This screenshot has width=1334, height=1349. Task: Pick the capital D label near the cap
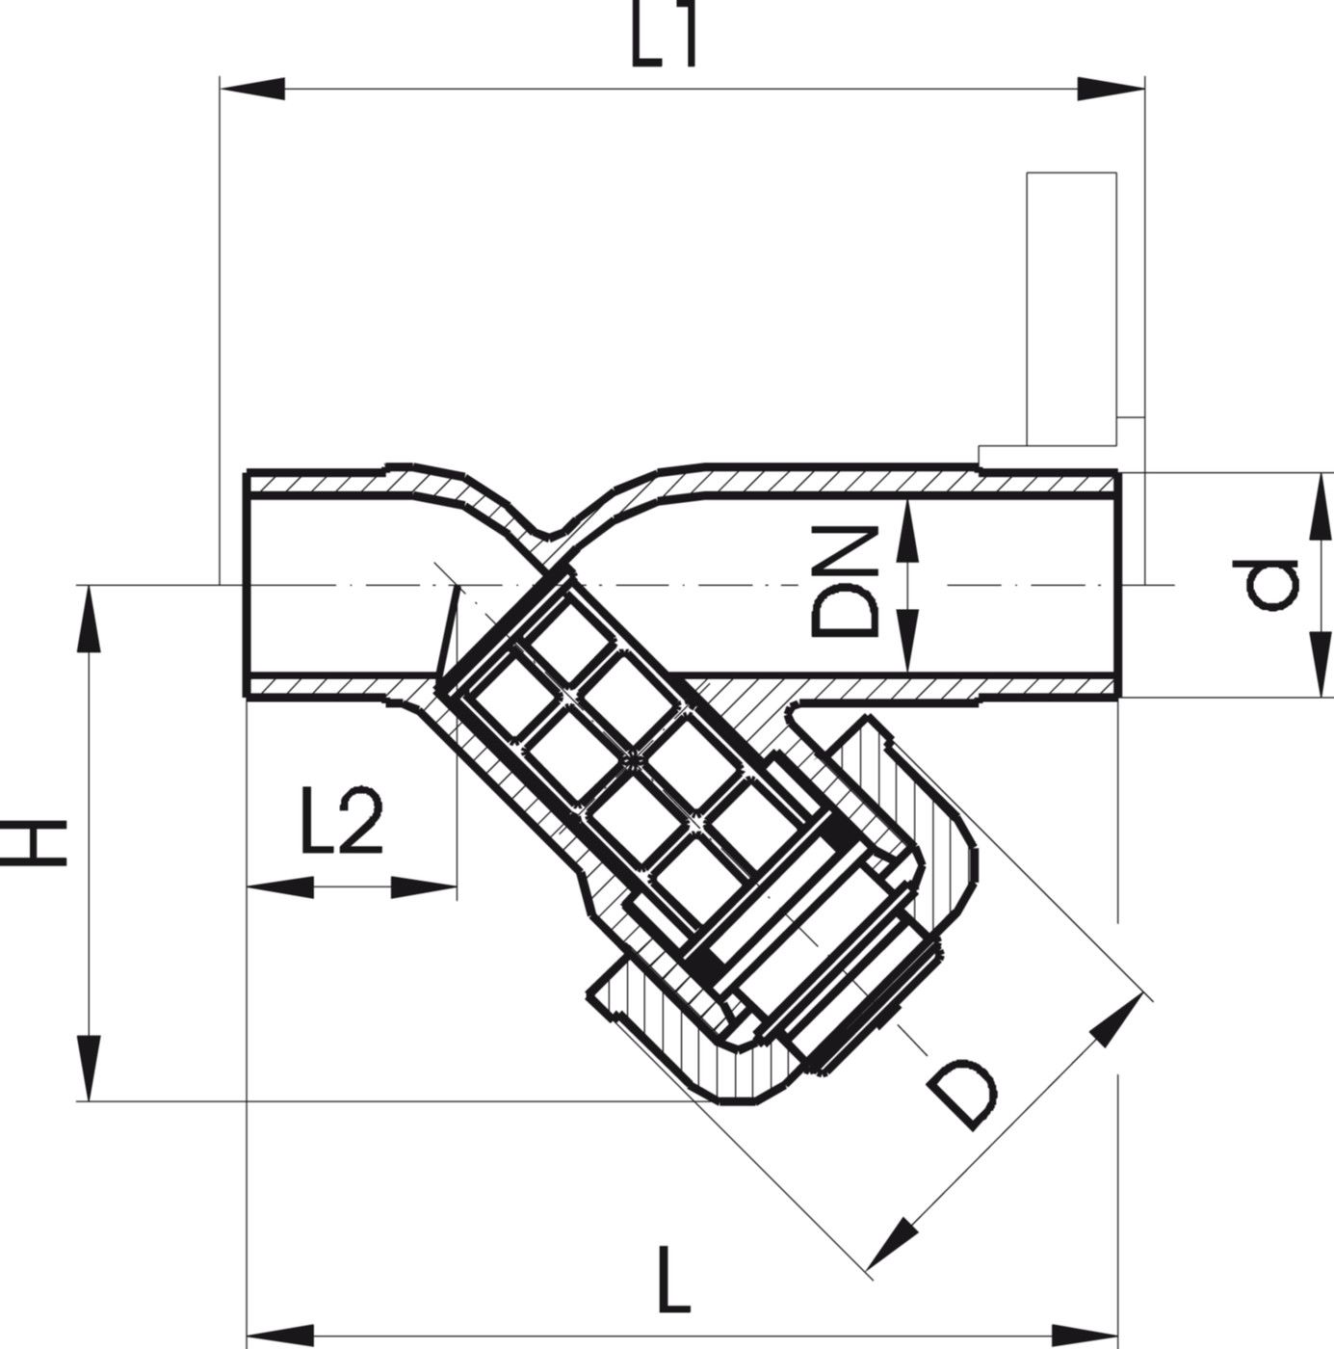[x=962, y=1097]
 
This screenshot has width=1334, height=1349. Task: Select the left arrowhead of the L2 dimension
[x=278, y=886]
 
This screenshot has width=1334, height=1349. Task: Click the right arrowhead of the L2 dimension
[x=424, y=886]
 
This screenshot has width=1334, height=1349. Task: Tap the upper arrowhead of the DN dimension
[x=905, y=536]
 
